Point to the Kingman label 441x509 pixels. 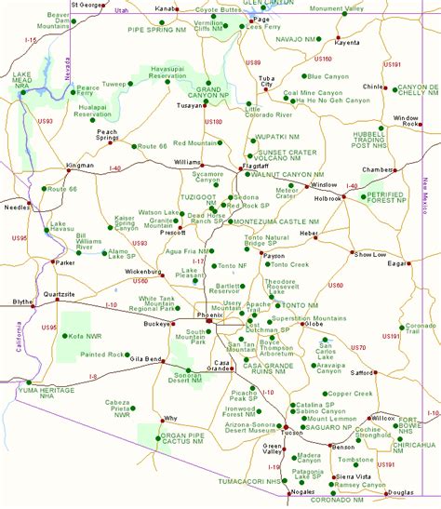[x=81, y=166]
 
